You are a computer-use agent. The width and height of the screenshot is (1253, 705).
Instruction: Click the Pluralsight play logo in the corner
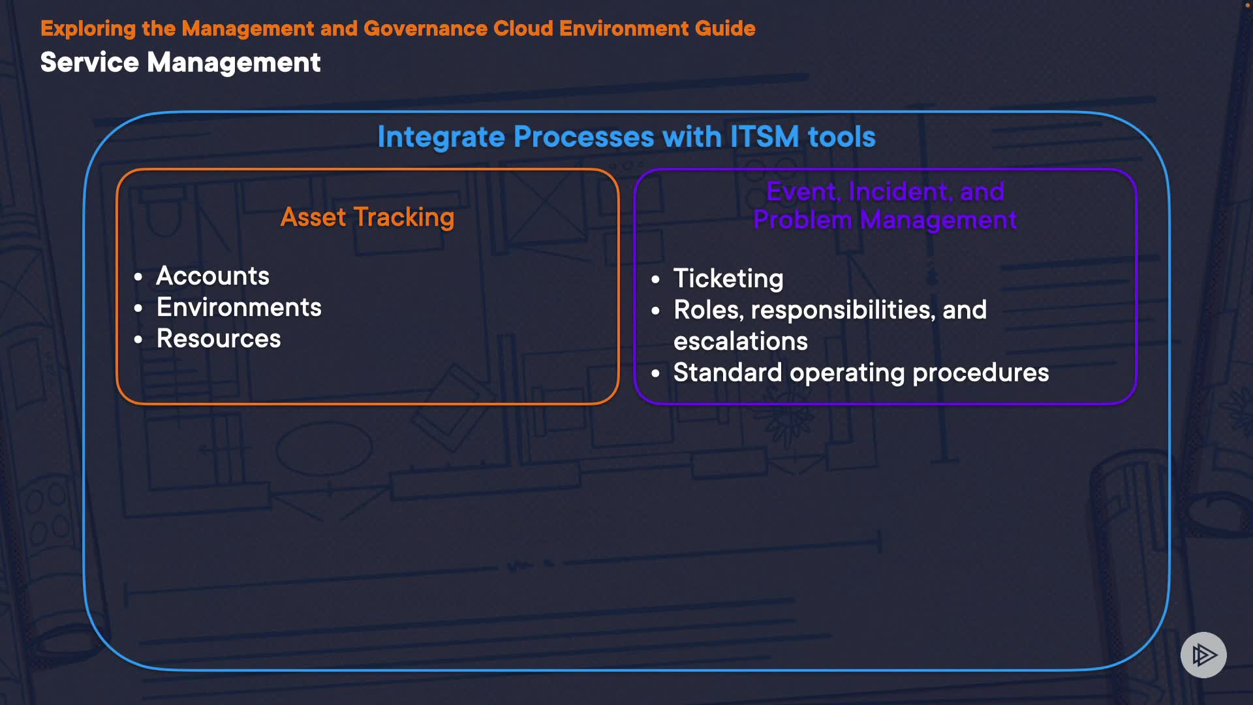(x=1203, y=655)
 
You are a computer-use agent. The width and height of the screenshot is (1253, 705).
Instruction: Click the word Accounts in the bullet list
(x=213, y=275)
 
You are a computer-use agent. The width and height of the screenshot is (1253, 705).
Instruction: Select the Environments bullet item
(x=239, y=307)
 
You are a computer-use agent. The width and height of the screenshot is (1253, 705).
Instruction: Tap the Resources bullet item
(x=219, y=338)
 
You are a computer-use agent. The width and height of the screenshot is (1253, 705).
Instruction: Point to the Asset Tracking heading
(x=367, y=217)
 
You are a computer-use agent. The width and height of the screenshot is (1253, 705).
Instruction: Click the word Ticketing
(x=728, y=279)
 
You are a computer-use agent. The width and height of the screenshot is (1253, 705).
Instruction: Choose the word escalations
(x=741, y=341)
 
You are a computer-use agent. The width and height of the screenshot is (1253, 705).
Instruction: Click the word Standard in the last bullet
(x=728, y=372)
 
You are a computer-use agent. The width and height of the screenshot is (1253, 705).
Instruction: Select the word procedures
(x=981, y=373)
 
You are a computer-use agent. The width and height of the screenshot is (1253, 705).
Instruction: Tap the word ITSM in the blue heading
(x=764, y=137)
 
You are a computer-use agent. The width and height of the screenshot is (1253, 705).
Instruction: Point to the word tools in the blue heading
(x=842, y=137)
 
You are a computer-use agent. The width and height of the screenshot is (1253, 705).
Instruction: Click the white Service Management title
(x=180, y=63)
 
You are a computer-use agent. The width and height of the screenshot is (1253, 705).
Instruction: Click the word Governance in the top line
(x=425, y=28)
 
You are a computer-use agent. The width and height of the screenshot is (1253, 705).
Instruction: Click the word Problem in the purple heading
(x=803, y=220)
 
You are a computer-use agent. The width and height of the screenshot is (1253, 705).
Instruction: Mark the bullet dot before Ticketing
(x=656, y=280)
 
